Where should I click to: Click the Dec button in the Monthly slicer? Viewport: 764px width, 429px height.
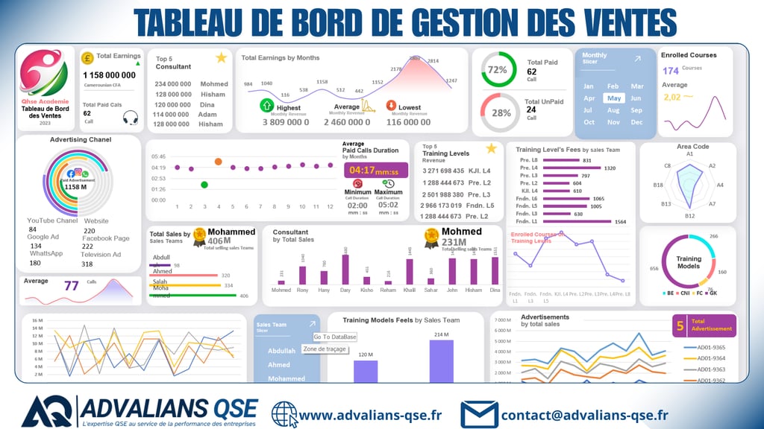tap(636, 122)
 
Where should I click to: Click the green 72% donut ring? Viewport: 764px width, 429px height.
tap(498, 69)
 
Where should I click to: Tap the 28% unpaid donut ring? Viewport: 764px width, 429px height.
tap(498, 112)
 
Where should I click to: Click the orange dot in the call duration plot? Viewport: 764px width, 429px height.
tap(218, 161)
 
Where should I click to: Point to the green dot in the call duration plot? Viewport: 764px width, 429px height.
tap(204, 184)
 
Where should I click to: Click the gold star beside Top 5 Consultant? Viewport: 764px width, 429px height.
tap(221, 58)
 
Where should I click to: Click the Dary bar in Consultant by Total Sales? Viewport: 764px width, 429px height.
tap(345, 269)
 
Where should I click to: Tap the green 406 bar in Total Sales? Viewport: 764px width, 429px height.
tap(193, 296)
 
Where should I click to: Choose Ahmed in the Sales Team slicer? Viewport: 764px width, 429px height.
tap(279, 365)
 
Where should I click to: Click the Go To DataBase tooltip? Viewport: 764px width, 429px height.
tap(335, 337)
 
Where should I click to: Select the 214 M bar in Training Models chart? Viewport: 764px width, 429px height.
tap(442, 361)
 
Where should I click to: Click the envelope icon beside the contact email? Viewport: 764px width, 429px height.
tap(479, 413)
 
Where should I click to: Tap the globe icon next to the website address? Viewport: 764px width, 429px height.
tap(284, 414)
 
